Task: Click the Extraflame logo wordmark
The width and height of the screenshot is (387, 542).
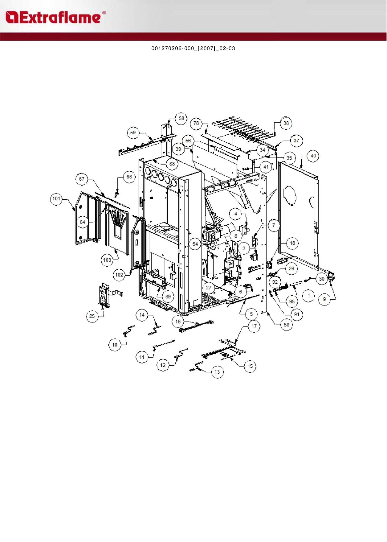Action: click(55, 18)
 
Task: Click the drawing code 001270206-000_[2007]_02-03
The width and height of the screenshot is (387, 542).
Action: click(193, 48)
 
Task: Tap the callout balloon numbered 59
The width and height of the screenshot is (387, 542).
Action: click(133, 133)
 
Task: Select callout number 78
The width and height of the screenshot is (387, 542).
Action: click(196, 123)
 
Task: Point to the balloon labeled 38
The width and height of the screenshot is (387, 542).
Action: click(286, 123)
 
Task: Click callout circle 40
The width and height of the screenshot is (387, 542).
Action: click(313, 156)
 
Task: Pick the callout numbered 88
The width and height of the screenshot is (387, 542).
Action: click(172, 164)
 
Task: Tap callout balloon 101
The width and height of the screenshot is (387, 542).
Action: click(56, 199)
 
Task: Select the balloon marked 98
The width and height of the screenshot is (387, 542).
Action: click(129, 177)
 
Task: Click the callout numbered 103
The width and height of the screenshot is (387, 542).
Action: click(107, 260)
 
